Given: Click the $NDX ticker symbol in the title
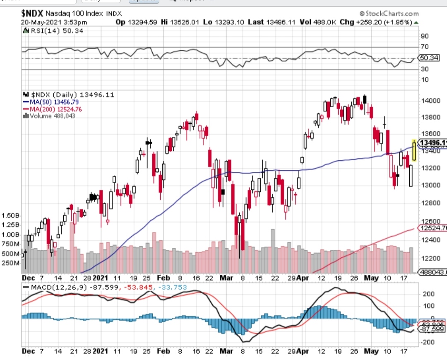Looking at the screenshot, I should point(32,13).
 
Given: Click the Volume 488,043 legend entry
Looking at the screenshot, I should point(51,116).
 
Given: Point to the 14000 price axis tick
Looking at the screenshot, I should point(429,101).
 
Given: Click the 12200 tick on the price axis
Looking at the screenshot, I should point(429,258).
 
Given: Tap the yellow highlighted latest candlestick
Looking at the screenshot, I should point(414,150).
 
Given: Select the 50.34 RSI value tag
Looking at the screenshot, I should point(429,58).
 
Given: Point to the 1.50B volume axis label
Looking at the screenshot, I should point(11,216).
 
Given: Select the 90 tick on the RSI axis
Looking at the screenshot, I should point(425,36).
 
